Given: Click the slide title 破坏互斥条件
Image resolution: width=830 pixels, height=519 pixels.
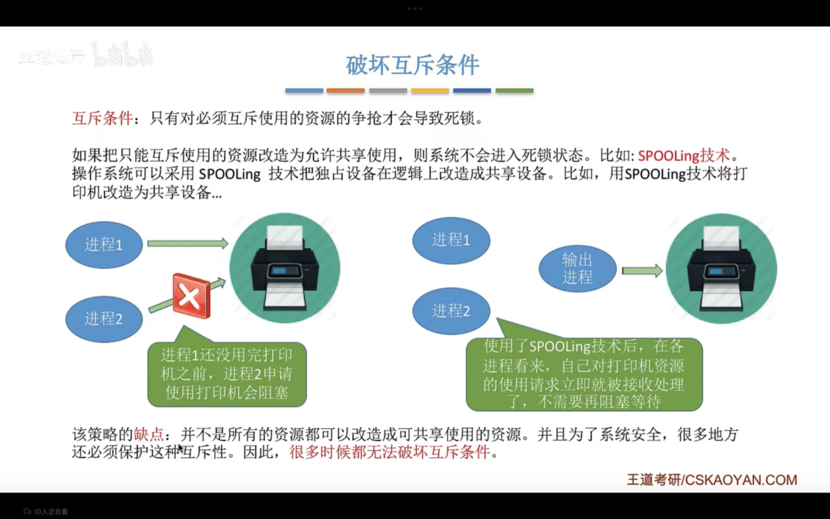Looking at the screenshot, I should (413, 65).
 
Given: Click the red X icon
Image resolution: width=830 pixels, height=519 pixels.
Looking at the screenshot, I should (191, 296).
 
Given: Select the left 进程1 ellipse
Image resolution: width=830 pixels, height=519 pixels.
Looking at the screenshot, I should (104, 245).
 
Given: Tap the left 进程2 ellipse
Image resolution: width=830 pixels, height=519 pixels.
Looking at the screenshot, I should (104, 319).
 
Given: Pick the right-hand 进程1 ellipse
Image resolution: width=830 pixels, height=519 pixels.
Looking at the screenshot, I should (451, 240).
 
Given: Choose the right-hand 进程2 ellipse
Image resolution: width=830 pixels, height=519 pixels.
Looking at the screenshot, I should (451, 311).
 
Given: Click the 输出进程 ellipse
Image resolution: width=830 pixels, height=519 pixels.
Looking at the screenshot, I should (577, 269).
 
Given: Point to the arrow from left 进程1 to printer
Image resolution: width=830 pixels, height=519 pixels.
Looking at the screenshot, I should (187, 244).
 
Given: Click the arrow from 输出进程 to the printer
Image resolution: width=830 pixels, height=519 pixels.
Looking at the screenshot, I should (642, 271).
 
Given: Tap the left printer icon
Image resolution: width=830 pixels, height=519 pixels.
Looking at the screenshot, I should (285, 268).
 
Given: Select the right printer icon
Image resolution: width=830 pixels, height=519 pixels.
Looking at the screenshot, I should (721, 268).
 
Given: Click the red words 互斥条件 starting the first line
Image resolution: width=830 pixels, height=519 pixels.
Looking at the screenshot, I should (102, 118).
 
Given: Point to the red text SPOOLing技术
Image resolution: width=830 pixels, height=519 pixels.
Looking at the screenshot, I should (684, 156).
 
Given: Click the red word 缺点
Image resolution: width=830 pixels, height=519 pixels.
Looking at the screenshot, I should (148, 434).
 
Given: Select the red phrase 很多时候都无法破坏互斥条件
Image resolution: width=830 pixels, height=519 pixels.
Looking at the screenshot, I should (390, 452).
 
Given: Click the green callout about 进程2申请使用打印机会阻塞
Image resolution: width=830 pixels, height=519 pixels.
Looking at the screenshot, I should (227, 374).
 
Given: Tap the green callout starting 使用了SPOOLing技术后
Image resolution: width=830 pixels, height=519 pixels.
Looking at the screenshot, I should (584, 374).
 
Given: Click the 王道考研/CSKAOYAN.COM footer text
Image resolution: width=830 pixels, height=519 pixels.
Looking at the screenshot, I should (711, 480).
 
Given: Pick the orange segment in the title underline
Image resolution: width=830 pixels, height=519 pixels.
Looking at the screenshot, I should (345, 90).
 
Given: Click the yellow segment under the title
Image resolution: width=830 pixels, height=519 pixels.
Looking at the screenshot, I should (430, 90).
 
